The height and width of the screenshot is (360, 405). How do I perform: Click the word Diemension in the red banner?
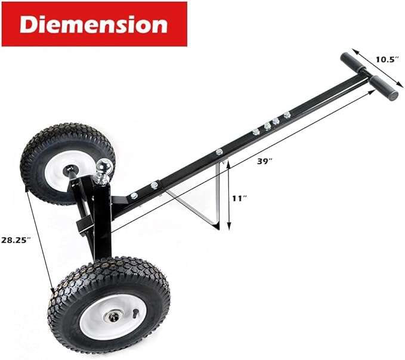click(94, 24)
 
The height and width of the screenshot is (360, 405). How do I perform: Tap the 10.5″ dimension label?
click(387, 59)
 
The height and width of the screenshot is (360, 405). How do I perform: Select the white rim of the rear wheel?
click(52, 170)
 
